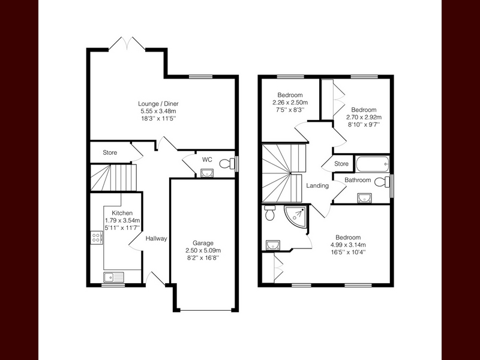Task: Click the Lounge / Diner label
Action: coord(158,104)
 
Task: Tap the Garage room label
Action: coord(203,243)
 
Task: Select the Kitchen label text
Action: coord(122,213)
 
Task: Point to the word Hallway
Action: coord(156,238)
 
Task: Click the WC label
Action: coord(207,160)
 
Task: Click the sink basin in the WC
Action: coord(208,173)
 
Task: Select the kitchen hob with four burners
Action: coord(97,238)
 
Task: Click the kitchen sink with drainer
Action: coord(113,277)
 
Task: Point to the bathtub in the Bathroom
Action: coord(373,164)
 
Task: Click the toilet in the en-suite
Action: coord(269,213)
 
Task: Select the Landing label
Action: coord(317,185)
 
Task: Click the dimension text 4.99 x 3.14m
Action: coord(348,245)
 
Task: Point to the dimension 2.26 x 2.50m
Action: coord(290,102)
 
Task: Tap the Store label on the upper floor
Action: coord(341,164)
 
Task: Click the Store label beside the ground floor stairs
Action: coord(110,152)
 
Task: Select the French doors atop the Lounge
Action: coord(127,43)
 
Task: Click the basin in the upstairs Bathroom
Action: coord(364,198)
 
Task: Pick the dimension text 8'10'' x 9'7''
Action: coord(364,124)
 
